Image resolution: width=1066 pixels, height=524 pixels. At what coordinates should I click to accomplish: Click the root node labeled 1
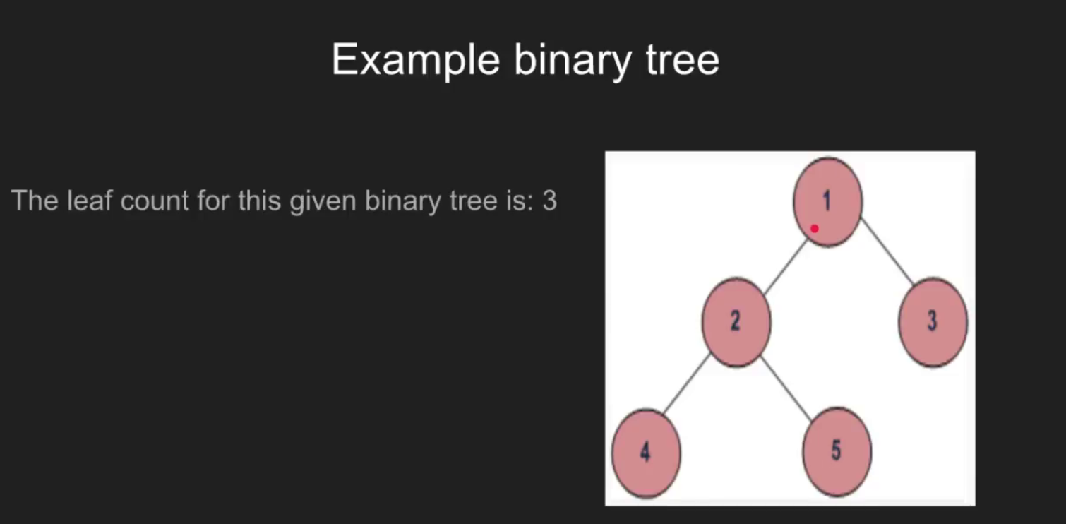pyautogui.click(x=827, y=202)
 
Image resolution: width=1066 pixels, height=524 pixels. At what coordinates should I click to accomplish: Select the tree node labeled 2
pyautogui.click(x=736, y=322)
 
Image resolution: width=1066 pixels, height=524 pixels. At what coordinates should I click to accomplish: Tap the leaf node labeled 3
pyautogui.click(x=933, y=322)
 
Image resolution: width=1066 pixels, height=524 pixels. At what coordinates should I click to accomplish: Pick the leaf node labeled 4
pyautogui.click(x=646, y=453)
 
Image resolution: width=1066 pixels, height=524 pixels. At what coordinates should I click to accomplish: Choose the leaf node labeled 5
pyautogui.click(x=837, y=452)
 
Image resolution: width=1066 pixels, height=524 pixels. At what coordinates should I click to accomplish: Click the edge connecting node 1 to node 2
pyautogui.click(x=785, y=266)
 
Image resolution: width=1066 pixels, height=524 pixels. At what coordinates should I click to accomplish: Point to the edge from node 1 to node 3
pyautogui.click(x=887, y=251)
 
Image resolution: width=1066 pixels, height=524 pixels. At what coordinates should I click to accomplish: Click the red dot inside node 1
pyautogui.click(x=814, y=229)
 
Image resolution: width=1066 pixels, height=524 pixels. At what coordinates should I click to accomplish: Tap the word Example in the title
pyautogui.click(x=416, y=61)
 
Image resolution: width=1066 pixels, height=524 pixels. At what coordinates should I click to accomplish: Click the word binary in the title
pyautogui.click(x=573, y=61)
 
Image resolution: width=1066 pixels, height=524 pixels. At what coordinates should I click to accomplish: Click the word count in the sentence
pyautogui.click(x=155, y=201)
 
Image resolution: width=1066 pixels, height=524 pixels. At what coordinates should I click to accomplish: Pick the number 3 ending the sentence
pyautogui.click(x=550, y=201)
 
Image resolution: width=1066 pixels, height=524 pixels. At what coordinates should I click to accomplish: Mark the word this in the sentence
pyautogui.click(x=259, y=201)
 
